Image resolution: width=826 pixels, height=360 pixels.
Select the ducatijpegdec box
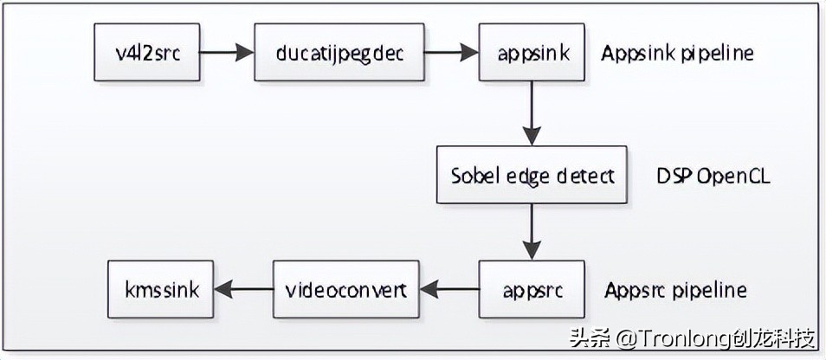point(339,52)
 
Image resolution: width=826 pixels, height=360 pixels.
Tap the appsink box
point(532,52)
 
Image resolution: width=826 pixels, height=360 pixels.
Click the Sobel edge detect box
point(532,176)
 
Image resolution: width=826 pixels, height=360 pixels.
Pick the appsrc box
point(532,289)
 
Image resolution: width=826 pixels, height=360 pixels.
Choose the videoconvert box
point(345,289)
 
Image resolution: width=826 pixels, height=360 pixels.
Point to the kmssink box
point(161,289)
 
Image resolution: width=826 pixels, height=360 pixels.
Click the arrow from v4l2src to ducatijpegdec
point(227,52)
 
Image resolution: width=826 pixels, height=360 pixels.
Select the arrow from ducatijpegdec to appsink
point(452,52)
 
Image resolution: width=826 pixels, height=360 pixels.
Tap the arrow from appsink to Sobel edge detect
point(532,113)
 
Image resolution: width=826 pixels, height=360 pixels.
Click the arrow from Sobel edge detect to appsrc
point(532,232)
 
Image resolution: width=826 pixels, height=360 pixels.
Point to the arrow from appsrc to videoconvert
point(449,289)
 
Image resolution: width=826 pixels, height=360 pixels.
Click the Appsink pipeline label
point(678,53)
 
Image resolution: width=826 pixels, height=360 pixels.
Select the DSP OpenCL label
point(713,176)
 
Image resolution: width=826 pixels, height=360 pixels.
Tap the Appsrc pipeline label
point(675,289)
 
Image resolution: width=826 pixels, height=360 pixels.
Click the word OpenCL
point(733,176)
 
